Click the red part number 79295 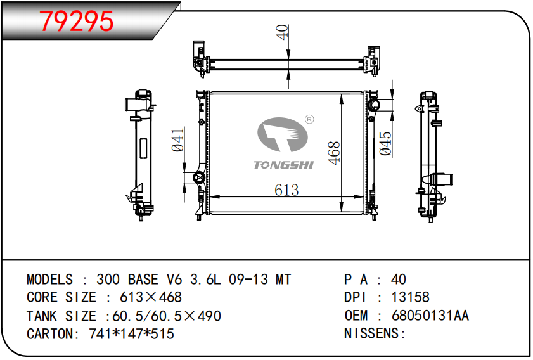77,21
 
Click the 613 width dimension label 286,190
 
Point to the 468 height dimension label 334,153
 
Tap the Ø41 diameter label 178,139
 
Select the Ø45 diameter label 385,144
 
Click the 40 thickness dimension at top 283,32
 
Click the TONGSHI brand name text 283,165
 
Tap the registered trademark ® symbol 309,119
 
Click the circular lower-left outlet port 198,178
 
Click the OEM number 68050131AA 430,316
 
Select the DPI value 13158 410,297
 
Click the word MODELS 49,280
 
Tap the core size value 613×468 151,297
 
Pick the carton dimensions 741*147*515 132,334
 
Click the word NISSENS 371,333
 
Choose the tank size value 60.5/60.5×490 167,316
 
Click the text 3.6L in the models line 205,280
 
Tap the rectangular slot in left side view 143,148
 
